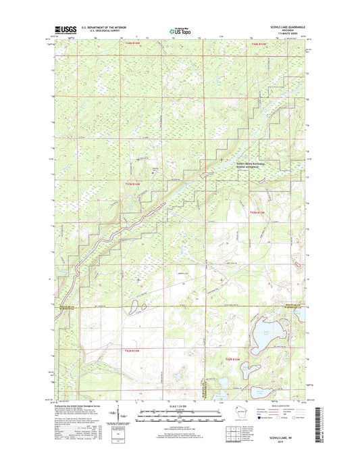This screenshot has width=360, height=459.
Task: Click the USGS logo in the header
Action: click(62, 30)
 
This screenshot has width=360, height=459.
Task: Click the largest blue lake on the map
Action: click(265, 335)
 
